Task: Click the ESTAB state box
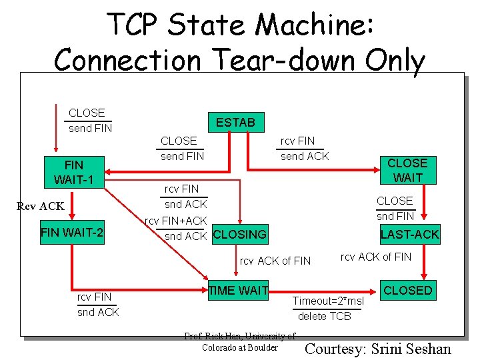click(x=235, y=122)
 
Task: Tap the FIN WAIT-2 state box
click(x=72, y=234)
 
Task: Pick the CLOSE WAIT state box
click(x=407, y=170)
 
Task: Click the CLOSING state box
click(x=239, y=235)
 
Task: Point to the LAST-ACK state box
click(x=409, y=234)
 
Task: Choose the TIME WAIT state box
click(x=238, y=290)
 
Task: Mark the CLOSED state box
click(x=407, y=290)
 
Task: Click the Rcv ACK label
click(x=41, y=206)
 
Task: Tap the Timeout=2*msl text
click(x=329, y=301)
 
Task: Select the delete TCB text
click(x=325, y=316)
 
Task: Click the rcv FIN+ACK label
click(x=176, y=221)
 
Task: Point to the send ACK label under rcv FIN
click(x=305, y=156)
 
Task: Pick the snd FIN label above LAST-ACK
click(x=395, y=216)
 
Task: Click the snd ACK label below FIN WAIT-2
click(x=98, y=312)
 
